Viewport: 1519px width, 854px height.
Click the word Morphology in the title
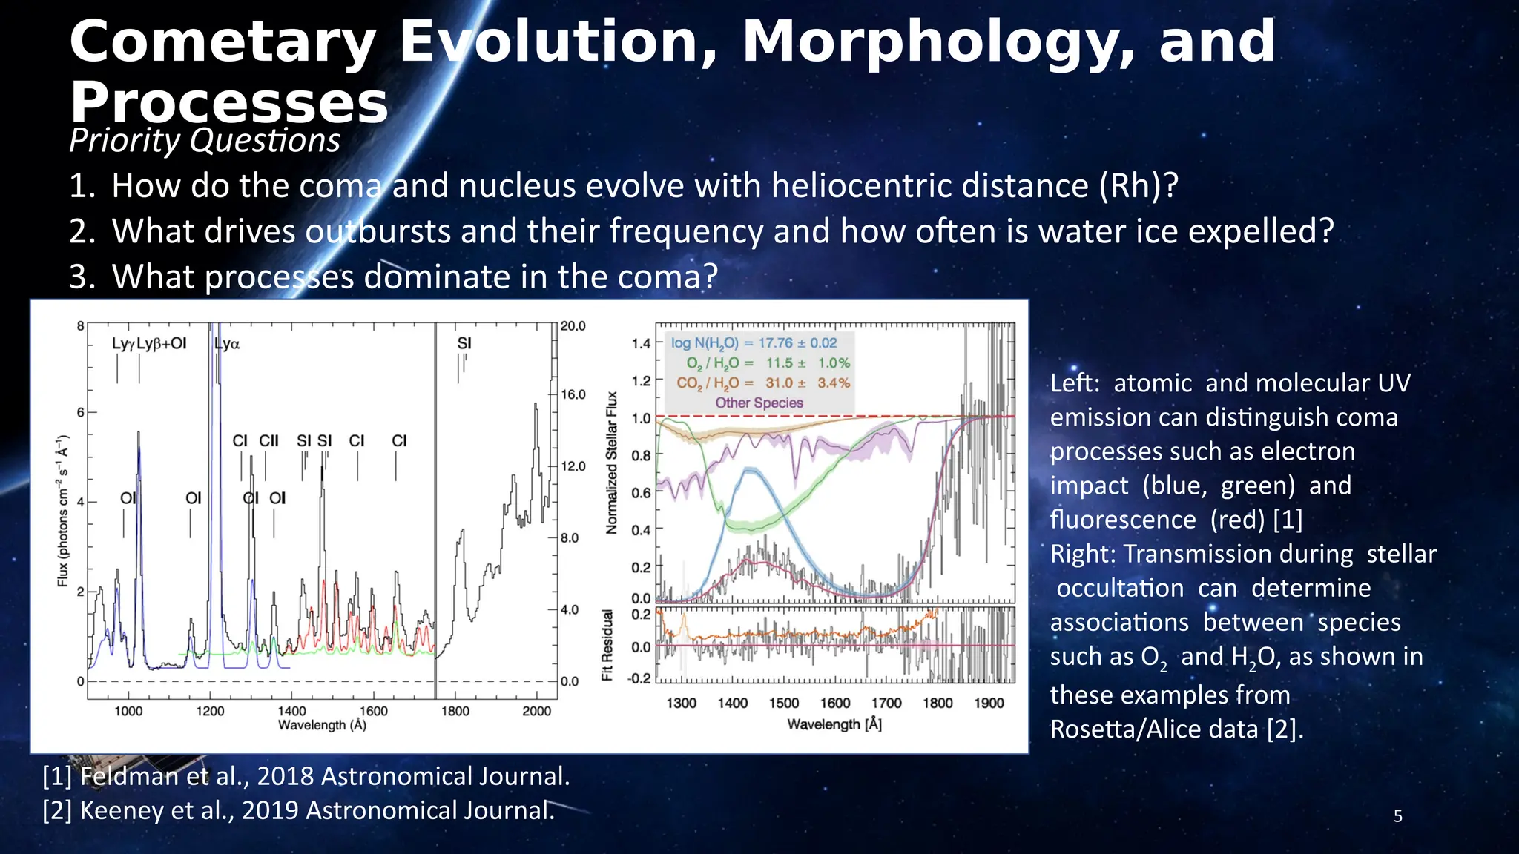(938, 42)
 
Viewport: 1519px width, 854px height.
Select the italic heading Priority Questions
(205, 140)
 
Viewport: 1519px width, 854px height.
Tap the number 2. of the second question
(82, 231)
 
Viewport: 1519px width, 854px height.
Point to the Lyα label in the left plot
(227, 344)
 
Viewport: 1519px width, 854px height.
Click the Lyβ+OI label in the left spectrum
(162, 343)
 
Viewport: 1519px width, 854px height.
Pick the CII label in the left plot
(268, 441)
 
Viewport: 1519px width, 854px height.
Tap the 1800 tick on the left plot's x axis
(455, 711)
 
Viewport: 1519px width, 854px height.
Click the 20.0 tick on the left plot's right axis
(573, 326)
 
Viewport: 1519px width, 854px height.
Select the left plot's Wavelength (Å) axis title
(322, 725)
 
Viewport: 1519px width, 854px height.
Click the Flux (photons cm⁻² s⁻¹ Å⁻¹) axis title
(63, 512)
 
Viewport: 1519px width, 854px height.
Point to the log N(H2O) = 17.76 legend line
(754, 343)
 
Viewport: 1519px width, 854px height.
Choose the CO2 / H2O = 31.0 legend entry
(762, 383)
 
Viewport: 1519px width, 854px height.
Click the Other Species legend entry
(759, 403)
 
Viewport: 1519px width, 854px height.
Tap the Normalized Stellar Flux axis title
(612, 463)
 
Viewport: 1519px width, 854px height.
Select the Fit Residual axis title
(607, 645)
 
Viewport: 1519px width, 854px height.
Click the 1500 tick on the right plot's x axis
(783, 703)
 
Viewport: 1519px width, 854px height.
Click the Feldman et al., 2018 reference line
(306, 776)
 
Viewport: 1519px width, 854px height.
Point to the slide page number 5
(1397, 816)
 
